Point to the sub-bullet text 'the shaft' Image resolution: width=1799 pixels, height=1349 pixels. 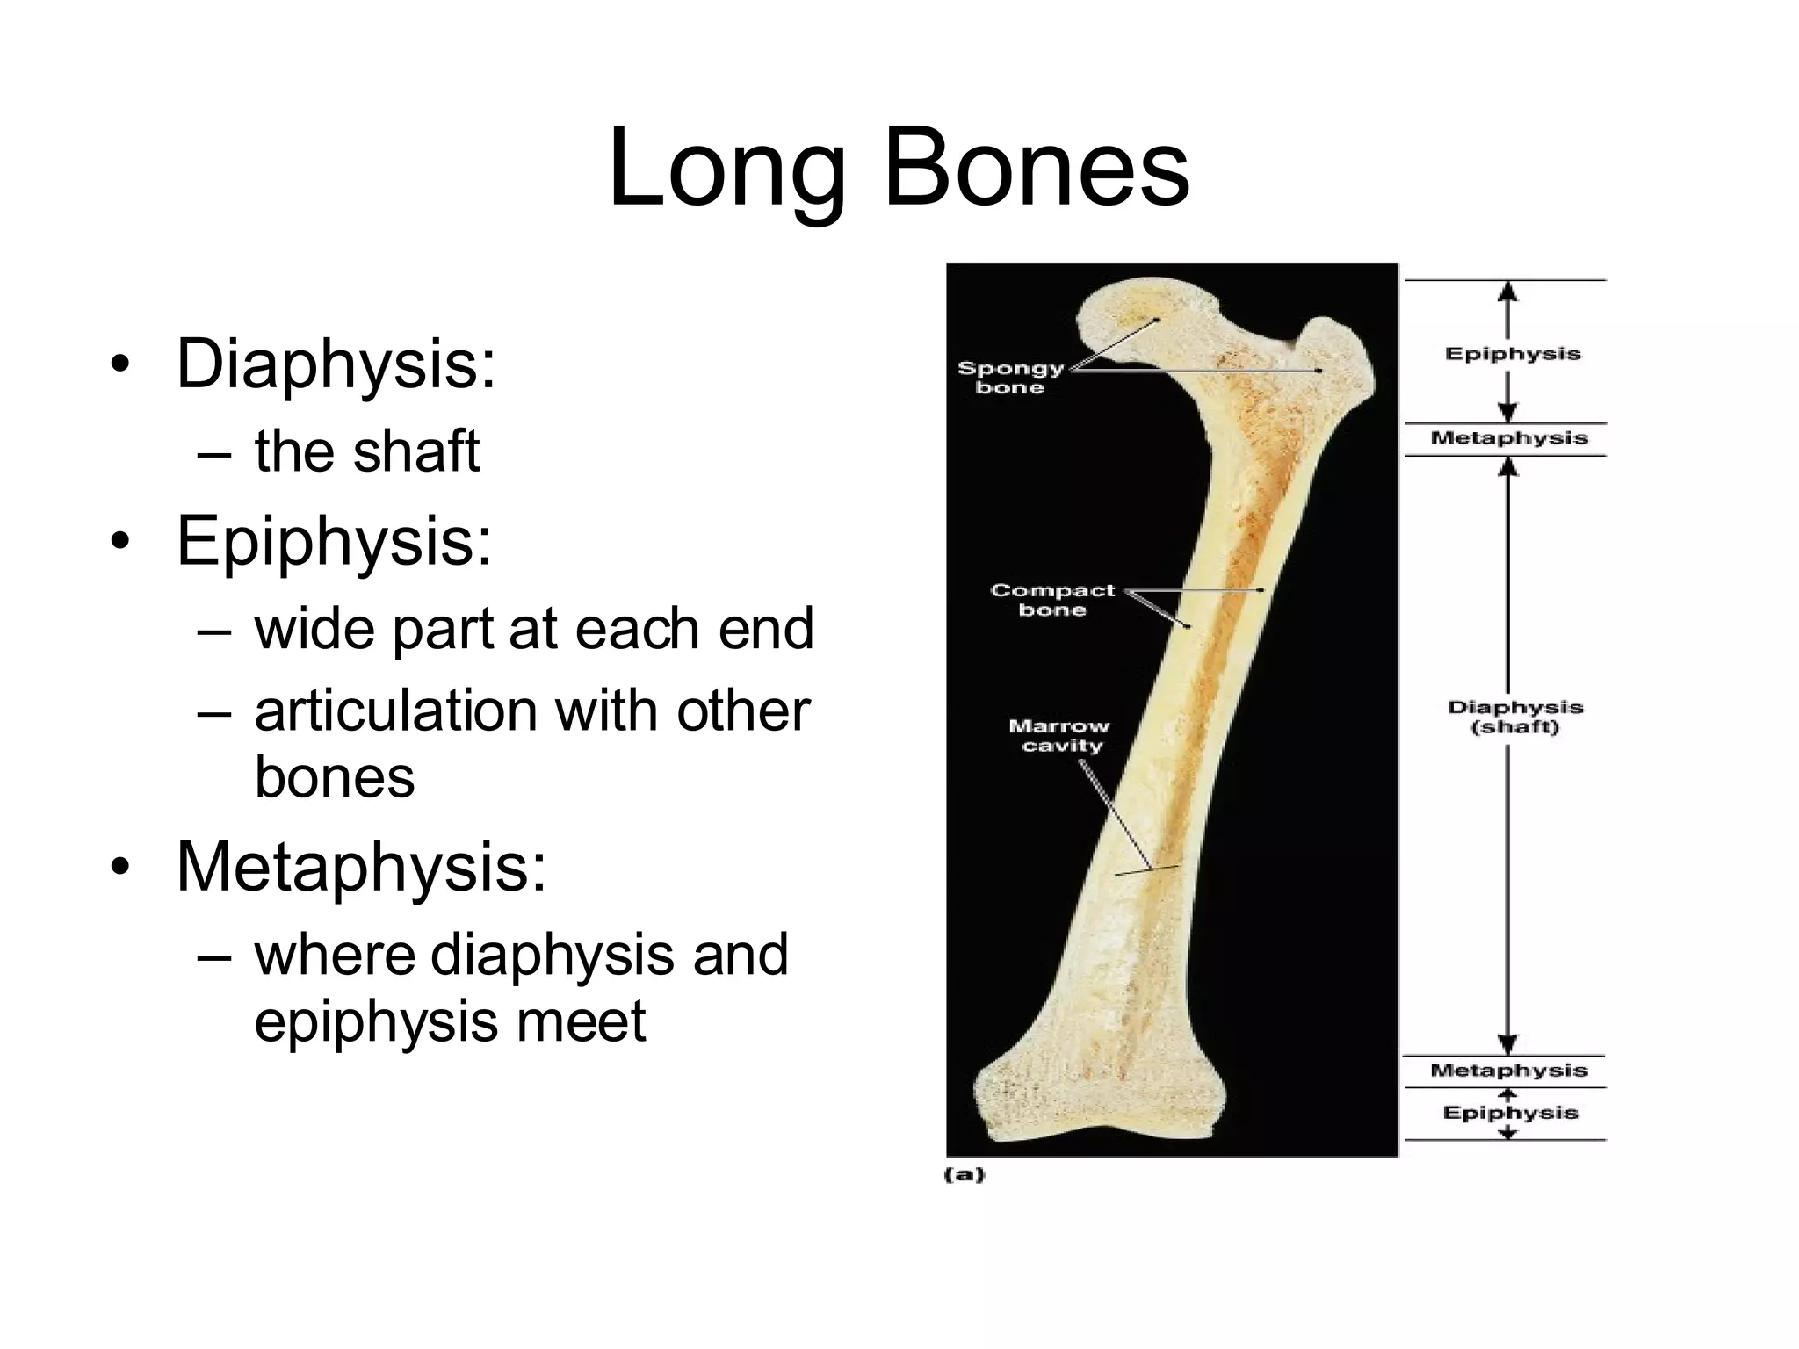point(367,451)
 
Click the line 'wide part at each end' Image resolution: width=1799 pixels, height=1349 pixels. point(534,629)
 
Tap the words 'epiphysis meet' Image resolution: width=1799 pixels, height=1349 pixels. point(450,1021)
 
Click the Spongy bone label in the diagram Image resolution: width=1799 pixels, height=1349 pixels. point(1010,378)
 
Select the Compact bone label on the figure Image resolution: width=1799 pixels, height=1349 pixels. point(1052,600)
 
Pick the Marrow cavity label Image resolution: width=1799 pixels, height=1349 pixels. point(1059,736)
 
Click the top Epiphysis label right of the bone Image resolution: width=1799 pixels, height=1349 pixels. point(1513,354)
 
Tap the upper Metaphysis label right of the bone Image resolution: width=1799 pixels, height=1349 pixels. point(1509,438)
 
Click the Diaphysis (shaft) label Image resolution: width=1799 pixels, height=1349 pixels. point(1515,717)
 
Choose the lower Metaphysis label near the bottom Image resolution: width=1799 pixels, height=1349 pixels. point(1509,1071)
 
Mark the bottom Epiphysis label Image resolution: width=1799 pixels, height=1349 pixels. point(1510,1114)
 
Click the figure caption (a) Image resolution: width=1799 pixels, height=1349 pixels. point(964,1175)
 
